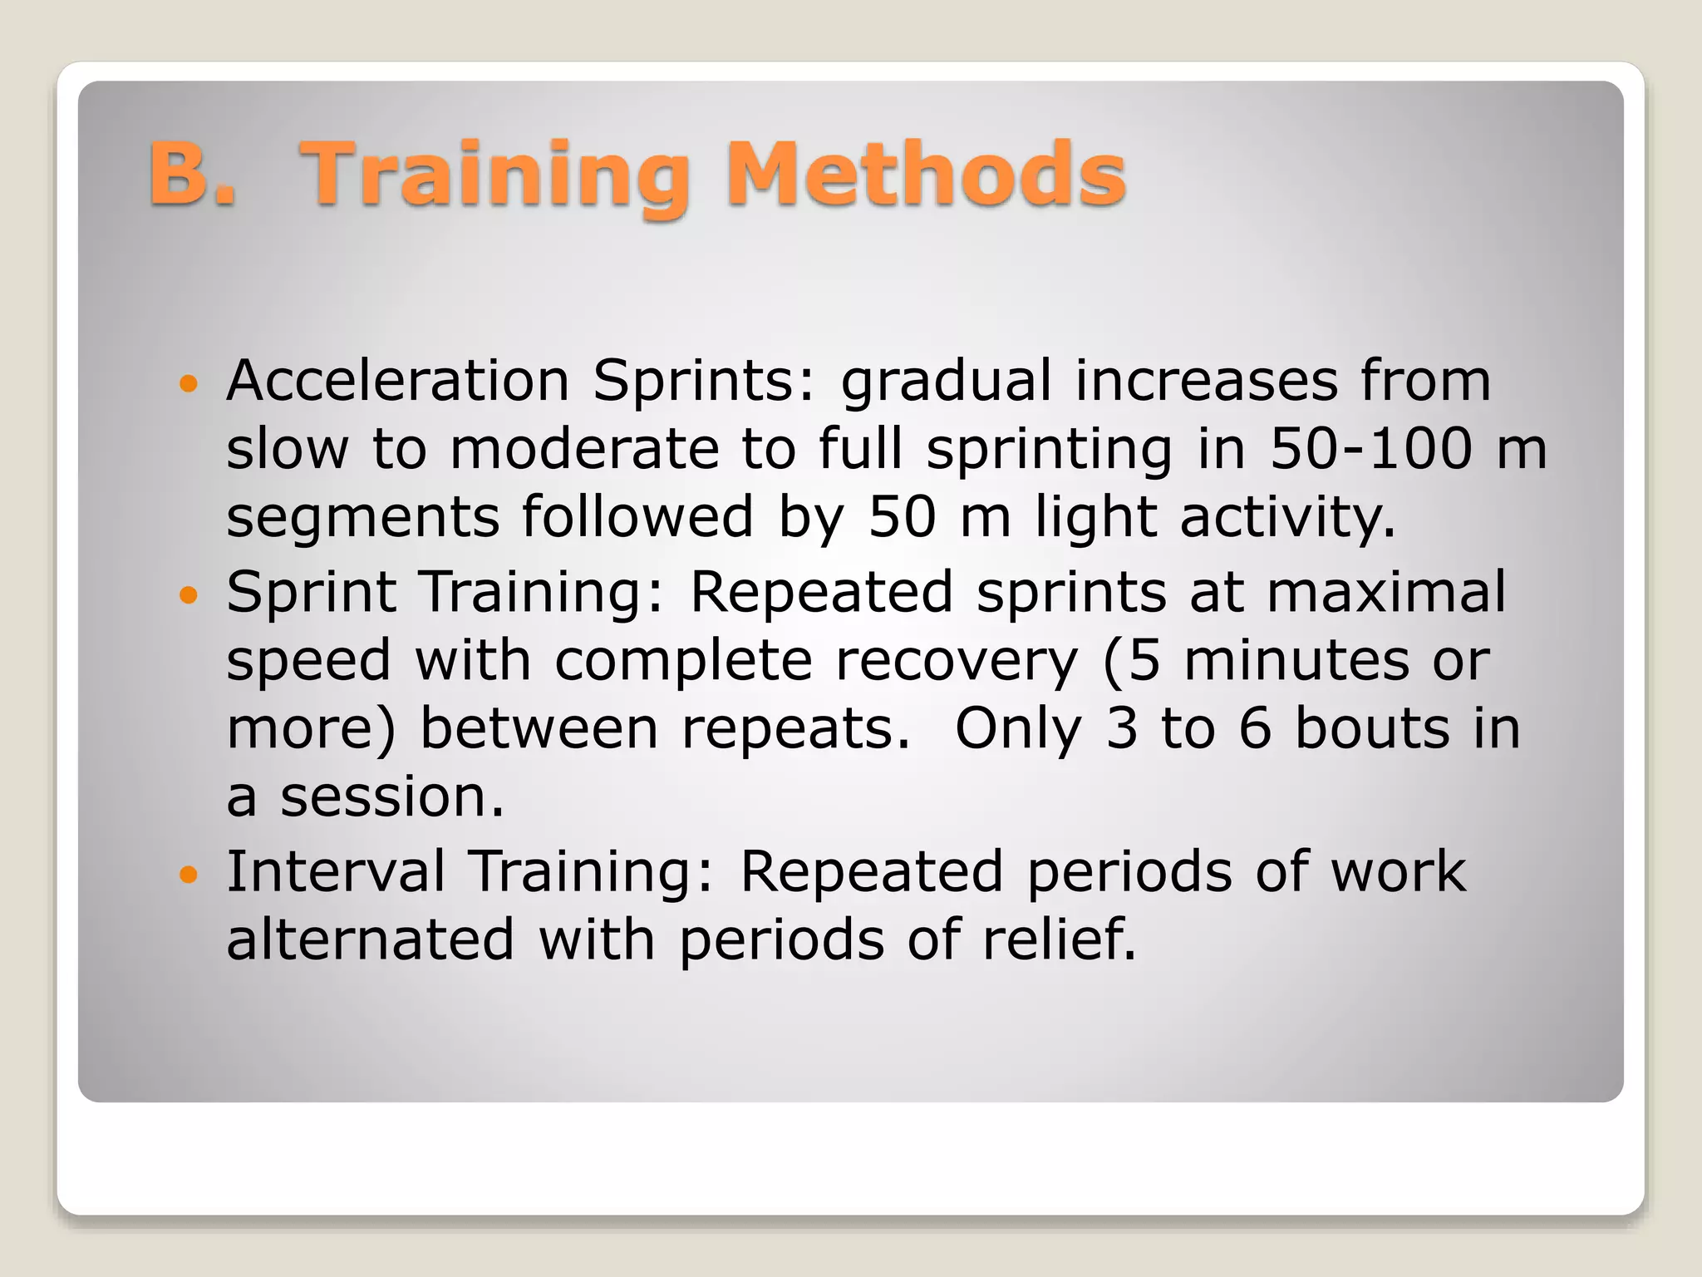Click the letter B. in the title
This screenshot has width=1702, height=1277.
pos(193,173)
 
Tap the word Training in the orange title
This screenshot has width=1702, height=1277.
pos(495,176)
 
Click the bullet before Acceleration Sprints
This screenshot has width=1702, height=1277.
pos(190,383)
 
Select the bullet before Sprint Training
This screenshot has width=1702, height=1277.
pos(190,594)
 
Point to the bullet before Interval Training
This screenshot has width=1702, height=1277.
pos(190,874)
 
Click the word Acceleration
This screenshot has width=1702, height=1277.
pos(397,381)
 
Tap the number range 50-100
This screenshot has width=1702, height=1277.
pos(1371,449)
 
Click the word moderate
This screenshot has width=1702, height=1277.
pos(584,449)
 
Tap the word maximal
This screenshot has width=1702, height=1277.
pos(1385,592)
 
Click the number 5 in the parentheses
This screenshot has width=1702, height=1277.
pos(1144,661)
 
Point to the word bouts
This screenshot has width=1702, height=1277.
pos(1373,728)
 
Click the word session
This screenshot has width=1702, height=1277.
pos(391,796)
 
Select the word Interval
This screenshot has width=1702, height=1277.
pos(336,872)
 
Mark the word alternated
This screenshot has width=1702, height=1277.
pos(371,940)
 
